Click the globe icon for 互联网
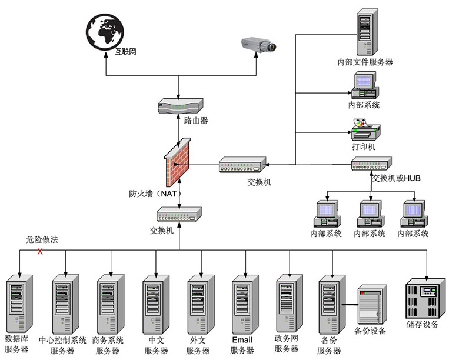105,32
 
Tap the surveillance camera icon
259,45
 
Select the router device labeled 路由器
181,106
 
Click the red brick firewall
177,162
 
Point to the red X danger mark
40,251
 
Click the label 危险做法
42,240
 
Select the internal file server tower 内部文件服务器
367,32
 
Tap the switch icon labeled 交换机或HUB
371,164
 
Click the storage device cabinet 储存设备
425,299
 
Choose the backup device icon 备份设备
372,304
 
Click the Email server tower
245,304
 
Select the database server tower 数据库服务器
19,304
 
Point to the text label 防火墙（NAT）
155,194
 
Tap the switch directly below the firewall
179,214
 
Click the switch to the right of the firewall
242,165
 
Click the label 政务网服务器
287,344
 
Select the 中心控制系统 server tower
65,304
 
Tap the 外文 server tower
201,304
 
